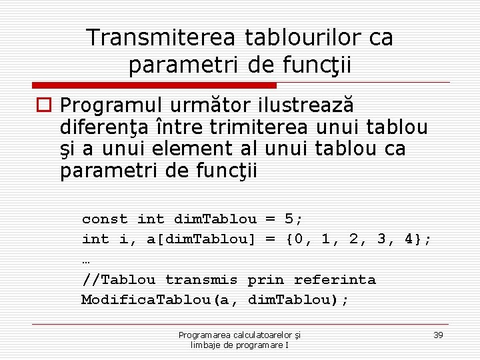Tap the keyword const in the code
click(x=105, y=219)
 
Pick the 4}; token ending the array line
click(x=417, y=239)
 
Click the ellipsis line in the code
click(x=87, y=260)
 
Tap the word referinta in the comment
click(x=335, y=280)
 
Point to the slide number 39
click(x=438, y=335)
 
